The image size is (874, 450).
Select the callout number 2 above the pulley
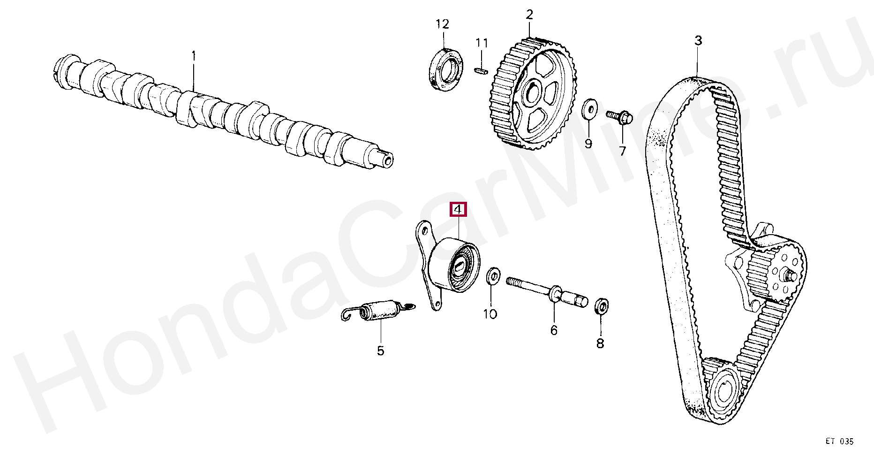pos(529,15)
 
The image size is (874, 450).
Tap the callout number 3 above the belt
pos(698,41)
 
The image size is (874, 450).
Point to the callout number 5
pos(380,351)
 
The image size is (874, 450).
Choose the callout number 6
pos(554,330)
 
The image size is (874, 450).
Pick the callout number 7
pos(622,151)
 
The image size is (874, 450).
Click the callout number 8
pos(600,344)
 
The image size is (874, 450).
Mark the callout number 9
pos(588,144)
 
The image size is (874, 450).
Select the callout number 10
pos(490,314)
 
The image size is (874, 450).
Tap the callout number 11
pos(482,43)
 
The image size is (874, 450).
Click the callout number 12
pos(442,23)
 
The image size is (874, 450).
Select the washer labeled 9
pos(588,109)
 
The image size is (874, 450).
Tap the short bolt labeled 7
pos(618,116)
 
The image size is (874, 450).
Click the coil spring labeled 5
pos(377,311)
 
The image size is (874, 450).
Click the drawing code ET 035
pos(839,441)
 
